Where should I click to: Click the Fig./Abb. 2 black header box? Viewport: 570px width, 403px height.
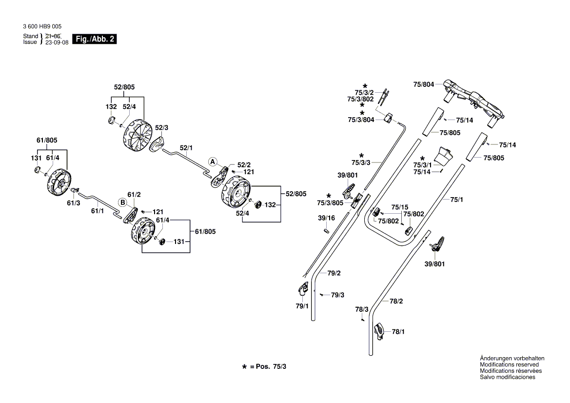(x=95, y=39)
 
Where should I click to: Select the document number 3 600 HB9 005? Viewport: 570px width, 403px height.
(x=42, y=26)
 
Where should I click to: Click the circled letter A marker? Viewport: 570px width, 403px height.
(x=213, y=161)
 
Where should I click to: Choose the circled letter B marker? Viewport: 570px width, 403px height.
(x=123, y=201)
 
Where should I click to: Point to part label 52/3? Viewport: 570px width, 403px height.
(x=161, y=127)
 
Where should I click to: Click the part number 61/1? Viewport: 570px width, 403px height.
(x=98, y=211)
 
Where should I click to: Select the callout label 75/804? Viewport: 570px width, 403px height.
(x=423, y=84)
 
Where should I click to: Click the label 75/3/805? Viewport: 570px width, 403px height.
(x=330, y=203)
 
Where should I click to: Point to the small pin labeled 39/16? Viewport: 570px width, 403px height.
(x=327, y=229)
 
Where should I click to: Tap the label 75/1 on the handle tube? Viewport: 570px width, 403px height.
(x=456, y=200)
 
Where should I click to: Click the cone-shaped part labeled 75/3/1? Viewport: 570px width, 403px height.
(x=444, y=156)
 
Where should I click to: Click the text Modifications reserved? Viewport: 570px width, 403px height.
(x=509, y=364)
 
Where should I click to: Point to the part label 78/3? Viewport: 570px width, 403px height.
(x=361, y=309)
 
